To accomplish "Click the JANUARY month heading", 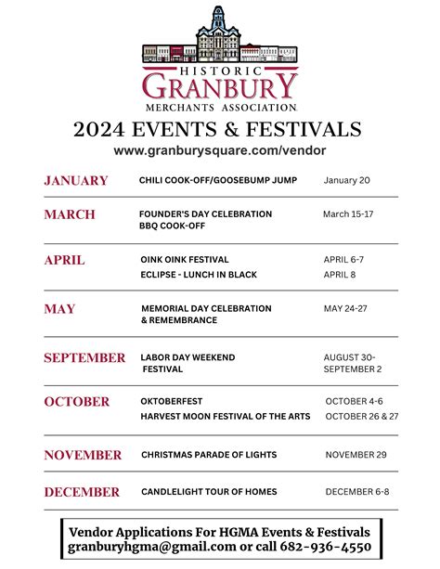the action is [76, 181].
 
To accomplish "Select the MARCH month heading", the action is [70, 214].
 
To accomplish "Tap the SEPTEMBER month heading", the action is [84, 357].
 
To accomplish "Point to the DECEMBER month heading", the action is [82, 492].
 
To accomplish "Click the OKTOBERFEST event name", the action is [172, 401].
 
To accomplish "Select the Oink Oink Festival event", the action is [185, 259].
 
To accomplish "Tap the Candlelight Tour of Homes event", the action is [209, 491].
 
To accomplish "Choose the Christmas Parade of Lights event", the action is [209, 455].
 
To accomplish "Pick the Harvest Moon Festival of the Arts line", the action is [226, 416].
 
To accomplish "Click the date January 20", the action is [346, 180].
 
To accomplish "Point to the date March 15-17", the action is [348, 214].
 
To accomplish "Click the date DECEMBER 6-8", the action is [357, 491].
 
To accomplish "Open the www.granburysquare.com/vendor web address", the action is [220, 149].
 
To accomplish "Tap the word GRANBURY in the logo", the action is [220, 87].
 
